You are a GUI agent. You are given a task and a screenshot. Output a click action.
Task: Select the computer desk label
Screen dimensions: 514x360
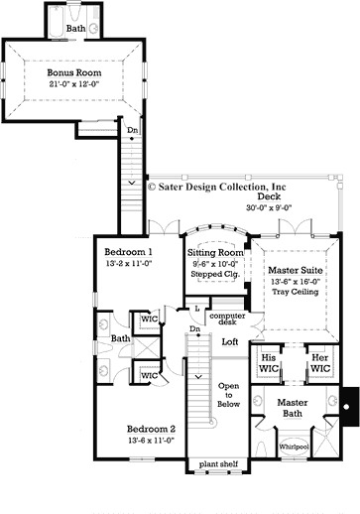click(227, 320)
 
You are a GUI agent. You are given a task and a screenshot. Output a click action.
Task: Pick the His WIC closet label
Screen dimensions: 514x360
click(267, 362)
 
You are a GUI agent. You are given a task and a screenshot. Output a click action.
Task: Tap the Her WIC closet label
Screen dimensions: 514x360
click(318, 362)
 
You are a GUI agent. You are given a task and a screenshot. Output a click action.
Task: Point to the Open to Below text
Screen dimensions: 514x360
click(229, 395)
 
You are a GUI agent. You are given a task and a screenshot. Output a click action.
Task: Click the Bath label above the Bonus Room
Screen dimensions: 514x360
click(75, 29)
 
